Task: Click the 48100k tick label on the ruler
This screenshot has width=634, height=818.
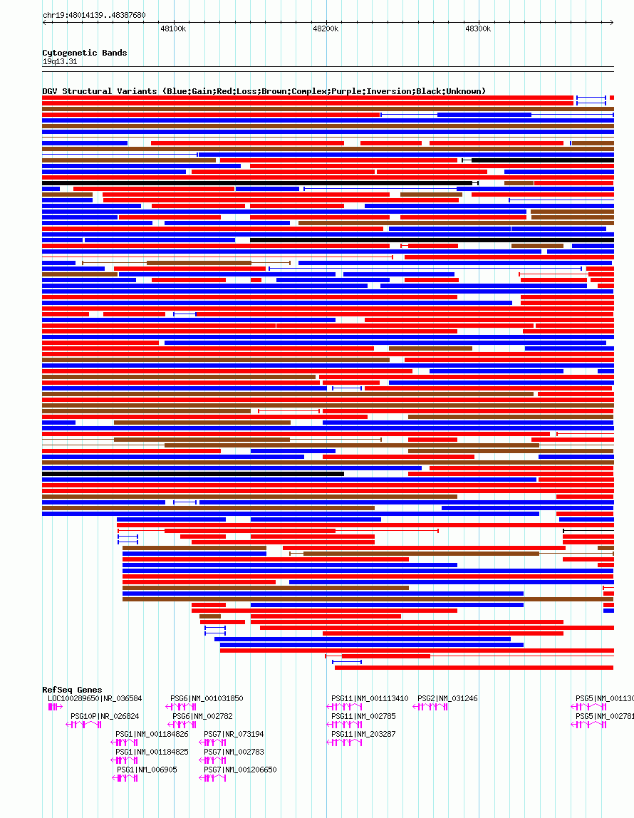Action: click(173, 29)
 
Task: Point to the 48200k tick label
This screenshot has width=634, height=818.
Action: click(326, 29)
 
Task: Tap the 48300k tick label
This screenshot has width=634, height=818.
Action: click(478, 29)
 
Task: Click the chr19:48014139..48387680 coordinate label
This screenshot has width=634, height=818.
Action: click(94, 15)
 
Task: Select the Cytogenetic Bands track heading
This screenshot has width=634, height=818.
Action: click(85, 53)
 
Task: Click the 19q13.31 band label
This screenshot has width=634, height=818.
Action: click(60, 62)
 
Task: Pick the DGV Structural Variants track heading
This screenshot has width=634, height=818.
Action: click(264, 91)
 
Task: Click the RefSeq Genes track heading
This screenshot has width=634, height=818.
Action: click(72, 690)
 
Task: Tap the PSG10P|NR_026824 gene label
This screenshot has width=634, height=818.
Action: click(105, 716)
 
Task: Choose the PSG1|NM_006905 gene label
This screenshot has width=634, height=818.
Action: click(147, 770)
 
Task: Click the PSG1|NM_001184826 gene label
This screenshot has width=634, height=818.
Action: click(152, 734)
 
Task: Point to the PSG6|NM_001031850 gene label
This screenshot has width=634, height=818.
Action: click(207, 699)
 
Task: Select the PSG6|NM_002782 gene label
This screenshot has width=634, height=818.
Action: click(202, 716)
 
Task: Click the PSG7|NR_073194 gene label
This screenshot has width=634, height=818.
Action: click(234, 734)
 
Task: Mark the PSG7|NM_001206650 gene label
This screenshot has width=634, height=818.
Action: click(240, 770)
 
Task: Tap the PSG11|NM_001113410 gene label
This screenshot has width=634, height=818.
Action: click(370, 699)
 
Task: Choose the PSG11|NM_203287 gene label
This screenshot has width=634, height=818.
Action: click(363, 734)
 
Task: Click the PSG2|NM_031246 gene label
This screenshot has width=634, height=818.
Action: click(447, 699)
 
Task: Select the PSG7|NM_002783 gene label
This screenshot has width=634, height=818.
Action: click(234, 752)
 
